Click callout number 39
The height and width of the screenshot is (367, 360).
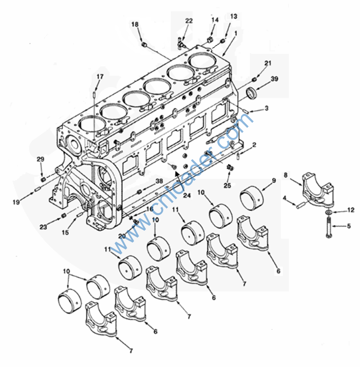coord(274,79)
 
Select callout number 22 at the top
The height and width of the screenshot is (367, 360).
coord(189,21)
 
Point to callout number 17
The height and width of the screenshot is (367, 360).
coord(100,77)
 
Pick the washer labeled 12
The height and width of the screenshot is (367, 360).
coord(329,212)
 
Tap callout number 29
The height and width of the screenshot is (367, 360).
coord(40,160)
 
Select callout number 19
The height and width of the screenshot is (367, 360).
coord(16,202)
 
